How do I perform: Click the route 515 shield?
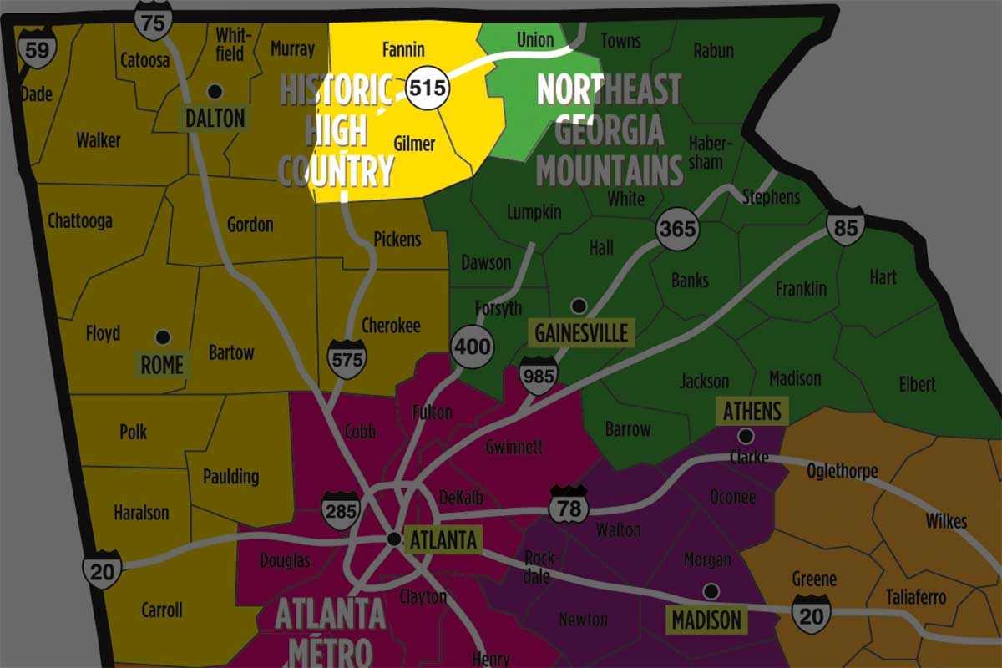point(428,88)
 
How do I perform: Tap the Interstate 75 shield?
point(154,21)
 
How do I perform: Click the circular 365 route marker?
point(677,228)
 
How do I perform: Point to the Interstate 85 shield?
point(846,227)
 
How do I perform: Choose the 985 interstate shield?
point(538,377)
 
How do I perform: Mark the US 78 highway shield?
point(569,505)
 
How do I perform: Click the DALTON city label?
point(215,119)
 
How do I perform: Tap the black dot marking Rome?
point(163,337)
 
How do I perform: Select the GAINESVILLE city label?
point(581,333)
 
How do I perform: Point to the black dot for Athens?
point(745,435)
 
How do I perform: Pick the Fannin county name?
point(403,49)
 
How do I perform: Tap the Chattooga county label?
point(80,221)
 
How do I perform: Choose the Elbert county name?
point(917,385)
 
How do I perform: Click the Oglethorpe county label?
point(843,471)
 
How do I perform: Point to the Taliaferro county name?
point(917,598)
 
